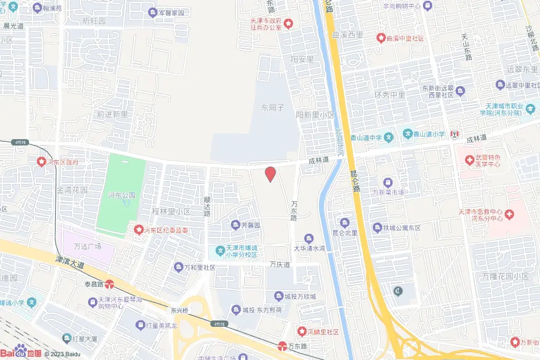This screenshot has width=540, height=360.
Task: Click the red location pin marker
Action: click(x=270, y=173)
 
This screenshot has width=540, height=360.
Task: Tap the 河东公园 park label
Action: click(x=122, y=195)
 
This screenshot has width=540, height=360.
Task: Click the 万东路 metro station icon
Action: click(x=282, y=346)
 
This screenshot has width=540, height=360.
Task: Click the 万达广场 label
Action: click(x=88, y=246)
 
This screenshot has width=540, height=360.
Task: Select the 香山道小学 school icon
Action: click(x=408, y=134)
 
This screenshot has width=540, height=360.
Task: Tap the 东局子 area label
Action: click(x=273, y=107)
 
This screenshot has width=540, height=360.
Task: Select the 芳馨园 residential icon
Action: click(x=235, y=225)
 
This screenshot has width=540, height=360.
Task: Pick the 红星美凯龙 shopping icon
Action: click(x=140, y=325)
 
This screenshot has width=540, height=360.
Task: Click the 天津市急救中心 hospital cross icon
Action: click(x=508, y=214)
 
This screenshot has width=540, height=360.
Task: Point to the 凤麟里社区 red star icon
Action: click(x=302, y=331)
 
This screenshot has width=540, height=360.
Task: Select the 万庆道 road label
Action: click(x=279, y=265)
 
